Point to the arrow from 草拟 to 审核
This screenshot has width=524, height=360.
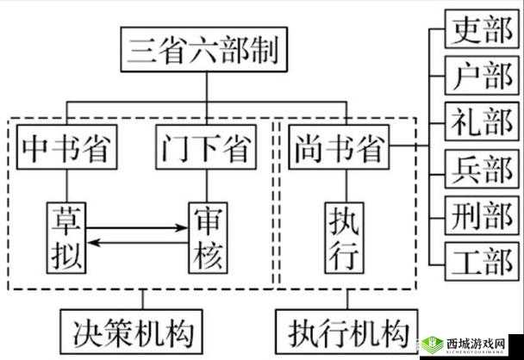click(138, 229)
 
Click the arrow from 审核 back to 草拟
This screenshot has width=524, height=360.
click(138, 244)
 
